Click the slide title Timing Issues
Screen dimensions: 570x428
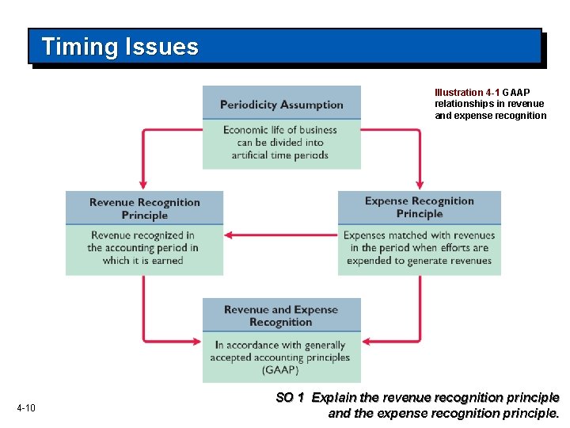coord(120,47)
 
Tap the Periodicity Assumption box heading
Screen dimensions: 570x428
coord(281,105)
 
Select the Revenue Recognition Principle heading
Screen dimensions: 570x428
coord(145,208)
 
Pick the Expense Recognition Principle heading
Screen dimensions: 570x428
coord(420,208)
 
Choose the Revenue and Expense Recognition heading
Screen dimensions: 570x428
coord(281,315)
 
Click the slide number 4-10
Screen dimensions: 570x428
coord(26,408)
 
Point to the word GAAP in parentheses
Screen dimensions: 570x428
coord(281,370)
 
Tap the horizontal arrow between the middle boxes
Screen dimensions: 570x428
coord(281,235)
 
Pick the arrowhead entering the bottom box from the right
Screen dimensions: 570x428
coord(367,342)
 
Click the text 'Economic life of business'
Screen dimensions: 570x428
coord(280,130)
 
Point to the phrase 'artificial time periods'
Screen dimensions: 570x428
coord(280,155)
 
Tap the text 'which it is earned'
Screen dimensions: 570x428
coord(143,261)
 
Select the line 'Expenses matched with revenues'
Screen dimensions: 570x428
coord(420,235)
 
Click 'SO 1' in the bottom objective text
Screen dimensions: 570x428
coord(290,398)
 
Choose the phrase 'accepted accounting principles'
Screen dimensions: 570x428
coord(280,357)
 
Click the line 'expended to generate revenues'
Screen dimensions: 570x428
coord(420,261)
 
